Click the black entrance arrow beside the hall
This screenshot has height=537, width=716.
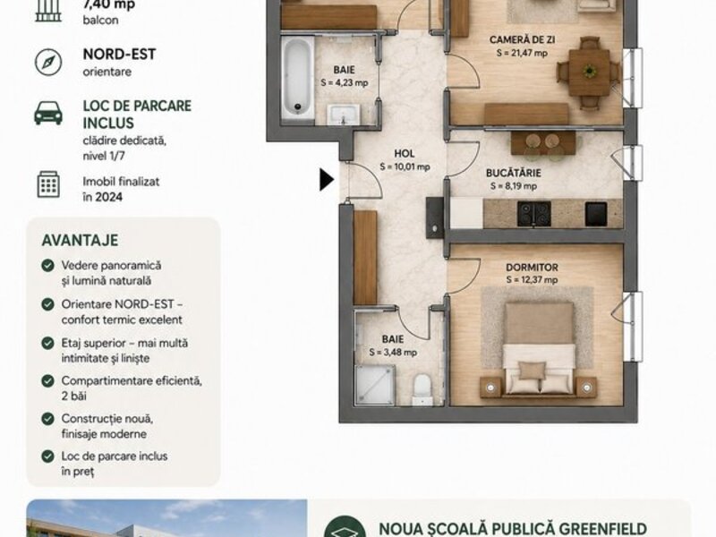pos(326,180)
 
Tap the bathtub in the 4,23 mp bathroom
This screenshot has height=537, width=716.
pos(298,77)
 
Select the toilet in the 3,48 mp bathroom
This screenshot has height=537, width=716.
pos(422,389)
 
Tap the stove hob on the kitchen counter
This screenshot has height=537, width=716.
pos(533,214)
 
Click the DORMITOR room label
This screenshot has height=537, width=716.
pos(532,267)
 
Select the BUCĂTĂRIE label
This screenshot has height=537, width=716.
pos(513,173)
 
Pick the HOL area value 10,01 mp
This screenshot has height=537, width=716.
pos(405,166)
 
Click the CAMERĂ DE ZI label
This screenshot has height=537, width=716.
pos(523,39)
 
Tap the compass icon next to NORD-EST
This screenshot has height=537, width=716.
pos(48,62)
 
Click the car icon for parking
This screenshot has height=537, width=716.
pos(48,113)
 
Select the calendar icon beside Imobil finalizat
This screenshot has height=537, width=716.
pos(48,184)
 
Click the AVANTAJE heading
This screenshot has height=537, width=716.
pos(80,240)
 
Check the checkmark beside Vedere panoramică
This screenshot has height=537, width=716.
pos(47,265)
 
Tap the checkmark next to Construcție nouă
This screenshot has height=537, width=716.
pos(47,419)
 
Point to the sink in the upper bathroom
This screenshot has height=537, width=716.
pos(344,115)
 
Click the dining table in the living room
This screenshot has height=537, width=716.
pos(589,72)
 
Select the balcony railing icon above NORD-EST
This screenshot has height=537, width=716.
pos(48,10)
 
